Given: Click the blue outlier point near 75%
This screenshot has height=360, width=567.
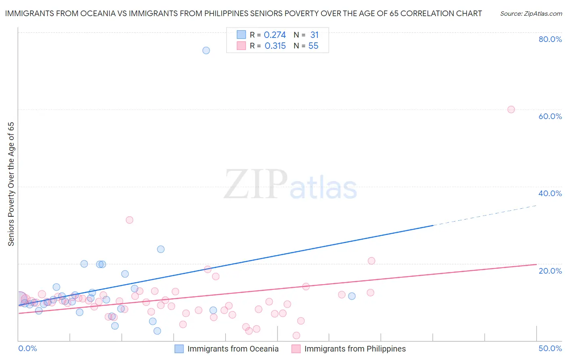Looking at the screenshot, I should coord(206,50).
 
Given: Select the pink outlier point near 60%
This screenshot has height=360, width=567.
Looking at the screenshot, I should coord(511,109).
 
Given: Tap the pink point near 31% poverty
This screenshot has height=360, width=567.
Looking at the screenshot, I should coord(129,220).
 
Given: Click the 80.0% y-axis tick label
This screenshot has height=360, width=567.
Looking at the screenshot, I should coord(550,39).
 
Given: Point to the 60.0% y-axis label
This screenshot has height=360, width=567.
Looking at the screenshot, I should coord(550,116).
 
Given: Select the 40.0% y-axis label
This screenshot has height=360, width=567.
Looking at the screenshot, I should coord(550,193).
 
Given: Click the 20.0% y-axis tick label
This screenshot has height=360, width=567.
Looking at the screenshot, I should coord(550,271).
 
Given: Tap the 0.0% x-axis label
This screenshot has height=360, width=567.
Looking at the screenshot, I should coord(28,348).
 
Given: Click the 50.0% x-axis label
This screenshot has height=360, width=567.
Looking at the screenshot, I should coord(550,348).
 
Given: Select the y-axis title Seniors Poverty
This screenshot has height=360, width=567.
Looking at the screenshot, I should coord(11,184).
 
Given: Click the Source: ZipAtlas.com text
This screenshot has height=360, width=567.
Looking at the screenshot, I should coord(531,14).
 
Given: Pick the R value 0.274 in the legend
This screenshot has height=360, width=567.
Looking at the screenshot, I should coord(275,35).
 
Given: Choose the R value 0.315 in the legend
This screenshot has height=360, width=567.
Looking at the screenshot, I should coord(275,46).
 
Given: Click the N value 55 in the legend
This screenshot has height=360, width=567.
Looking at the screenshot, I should coord(313,46).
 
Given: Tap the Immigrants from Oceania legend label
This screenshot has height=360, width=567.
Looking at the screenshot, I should coord(233,349).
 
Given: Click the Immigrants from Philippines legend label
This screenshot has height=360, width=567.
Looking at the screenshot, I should coord(355,349).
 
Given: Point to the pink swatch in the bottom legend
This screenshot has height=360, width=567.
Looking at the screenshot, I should coord(296,349).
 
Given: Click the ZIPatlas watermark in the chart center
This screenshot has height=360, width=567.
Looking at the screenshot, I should coord(290,185).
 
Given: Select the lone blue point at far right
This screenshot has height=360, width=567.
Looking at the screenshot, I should coord(352,296).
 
